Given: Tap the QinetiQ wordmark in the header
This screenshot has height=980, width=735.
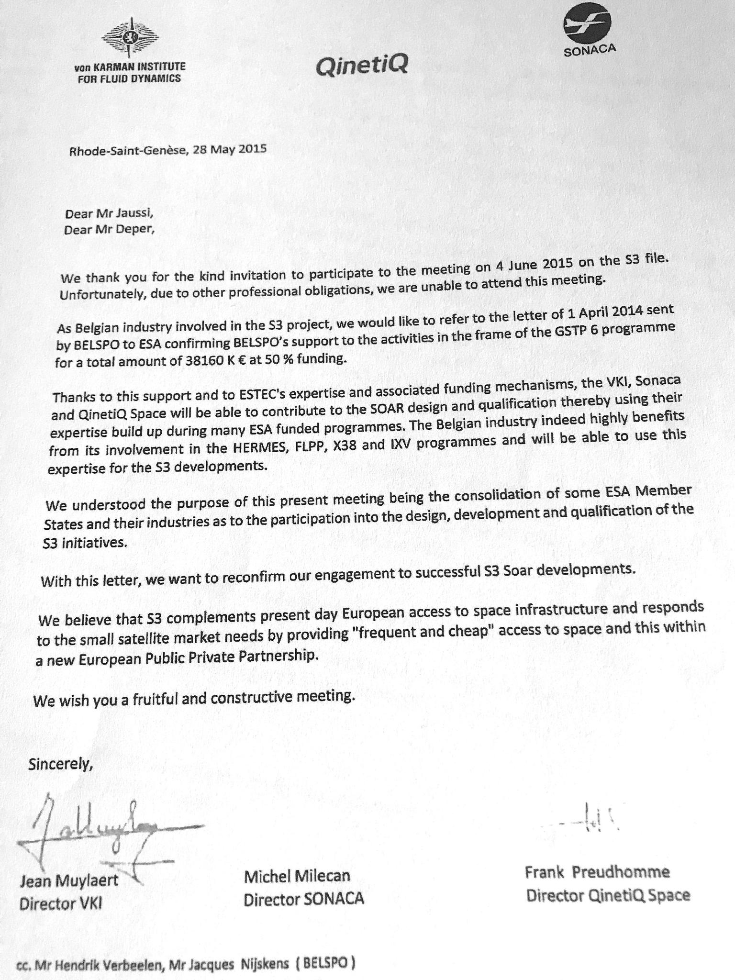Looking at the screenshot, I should [x=362, y=67].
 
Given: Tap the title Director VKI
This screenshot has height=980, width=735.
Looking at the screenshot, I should [x=60, y=903].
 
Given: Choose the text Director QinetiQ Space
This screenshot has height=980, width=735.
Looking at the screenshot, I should [x=608, y=895].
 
